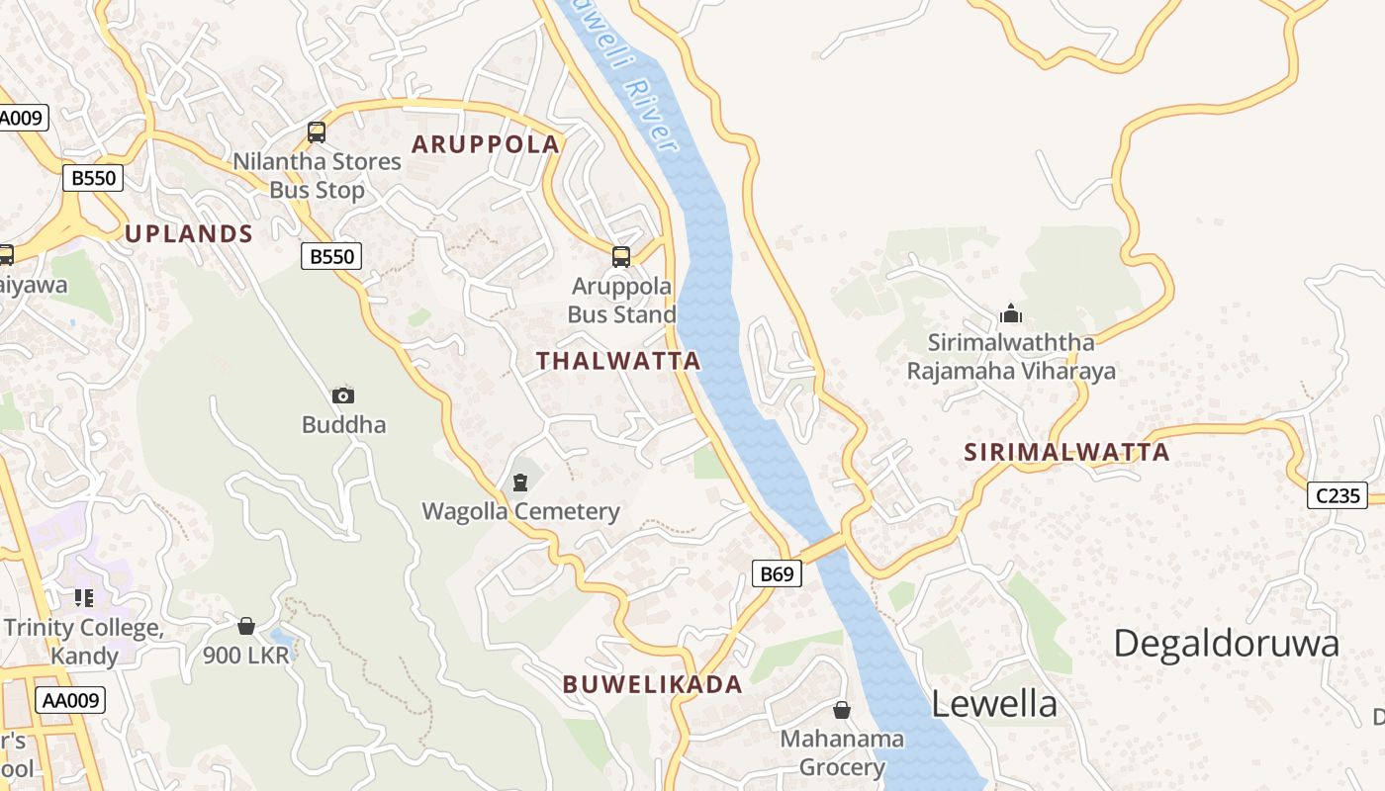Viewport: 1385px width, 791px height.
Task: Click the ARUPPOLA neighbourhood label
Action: click(x=486, y=143)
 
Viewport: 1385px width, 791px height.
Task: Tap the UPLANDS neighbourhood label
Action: click(x=189, y=233)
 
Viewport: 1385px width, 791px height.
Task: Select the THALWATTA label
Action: click(x=619, y=361)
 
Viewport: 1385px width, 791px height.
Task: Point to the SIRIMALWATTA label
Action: click(x=1067, y=453)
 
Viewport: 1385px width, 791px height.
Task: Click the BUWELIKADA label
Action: click(x=653, y=684)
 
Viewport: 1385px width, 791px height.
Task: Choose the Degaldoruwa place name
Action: click(x=1227, y=644)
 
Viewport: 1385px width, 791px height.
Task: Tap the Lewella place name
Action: click(x=994, y=704)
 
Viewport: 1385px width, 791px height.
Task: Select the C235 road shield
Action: click(x=1338, y=495)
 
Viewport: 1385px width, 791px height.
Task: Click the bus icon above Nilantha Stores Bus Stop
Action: click(x=317, y=132)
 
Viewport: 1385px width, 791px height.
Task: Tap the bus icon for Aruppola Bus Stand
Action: click(x=621, y=257)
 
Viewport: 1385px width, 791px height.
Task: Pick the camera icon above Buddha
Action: click(x=343, y=395)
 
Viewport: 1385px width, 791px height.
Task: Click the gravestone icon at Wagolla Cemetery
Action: click(x=520, y=483)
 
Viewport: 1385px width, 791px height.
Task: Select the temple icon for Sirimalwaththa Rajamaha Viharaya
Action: click(x=1010, y=313)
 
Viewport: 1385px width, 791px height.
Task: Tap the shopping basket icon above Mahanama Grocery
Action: click(x=841, y=710)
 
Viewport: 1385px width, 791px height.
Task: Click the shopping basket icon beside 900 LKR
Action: click(x=246, y=626)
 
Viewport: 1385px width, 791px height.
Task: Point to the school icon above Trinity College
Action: click(x=84, y=597)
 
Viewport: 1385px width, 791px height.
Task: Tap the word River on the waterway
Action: click(x=655, y=124)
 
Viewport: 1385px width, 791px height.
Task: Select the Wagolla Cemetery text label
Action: click(x=520, y=511)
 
